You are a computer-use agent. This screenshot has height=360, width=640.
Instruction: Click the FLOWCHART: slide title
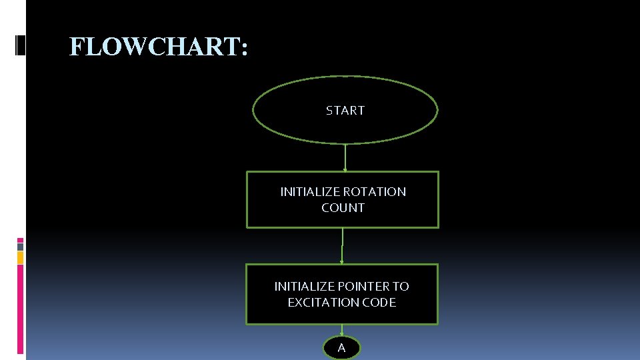pos(159,47)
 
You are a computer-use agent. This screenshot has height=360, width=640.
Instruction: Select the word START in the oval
pos(345,111)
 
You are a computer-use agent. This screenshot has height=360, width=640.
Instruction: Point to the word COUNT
pos(343,208)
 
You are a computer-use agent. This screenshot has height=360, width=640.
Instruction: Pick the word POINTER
pos(364,287)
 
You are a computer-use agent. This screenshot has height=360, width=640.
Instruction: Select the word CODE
pos(380,303)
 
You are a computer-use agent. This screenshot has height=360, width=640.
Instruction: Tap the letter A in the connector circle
pos(341,348)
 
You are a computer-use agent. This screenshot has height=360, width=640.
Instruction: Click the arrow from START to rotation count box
pos(345,157)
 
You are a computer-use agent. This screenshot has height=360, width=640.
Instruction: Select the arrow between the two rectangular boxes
pos(342,246)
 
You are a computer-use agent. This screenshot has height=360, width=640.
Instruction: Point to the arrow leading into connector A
pos(341,331)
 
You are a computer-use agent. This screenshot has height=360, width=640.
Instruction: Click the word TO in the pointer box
pos(401,287)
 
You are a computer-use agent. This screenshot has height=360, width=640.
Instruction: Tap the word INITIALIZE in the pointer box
pos(304,287)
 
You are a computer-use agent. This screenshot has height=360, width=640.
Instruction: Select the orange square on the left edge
pos(20,257)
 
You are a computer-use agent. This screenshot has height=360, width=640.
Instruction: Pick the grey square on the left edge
pos(20,247)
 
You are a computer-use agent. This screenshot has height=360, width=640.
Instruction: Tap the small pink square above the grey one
pos(20,240)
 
